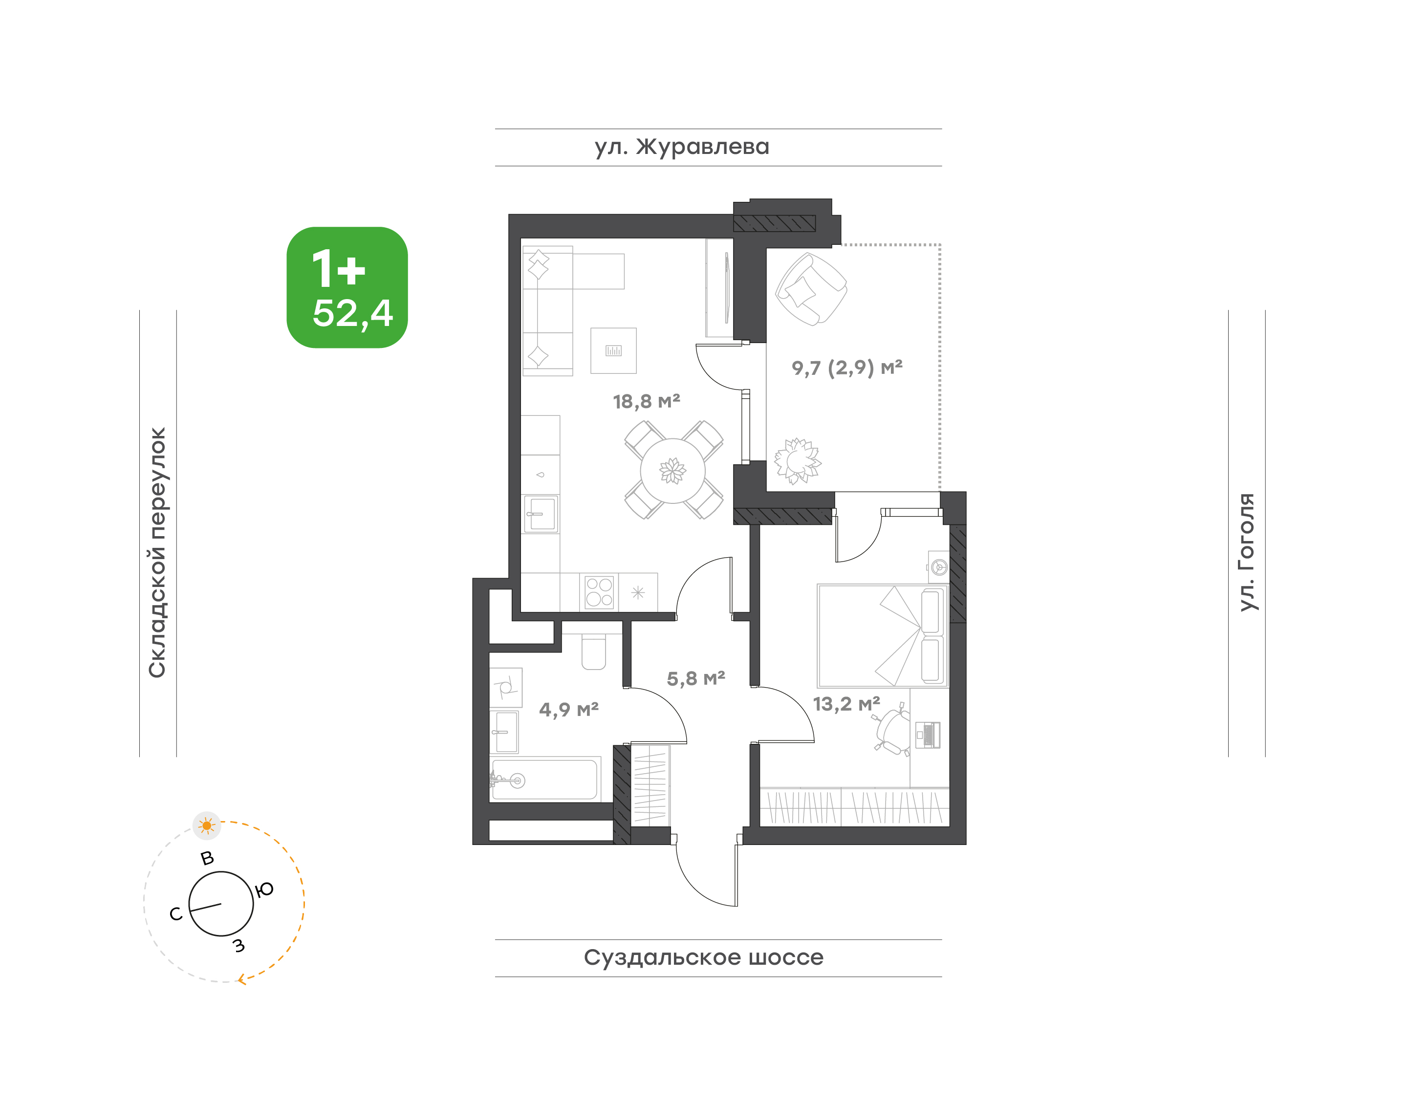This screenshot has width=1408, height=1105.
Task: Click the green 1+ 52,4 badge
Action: (x=347, y=287)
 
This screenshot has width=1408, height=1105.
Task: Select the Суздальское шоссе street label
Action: (x=703, y=957)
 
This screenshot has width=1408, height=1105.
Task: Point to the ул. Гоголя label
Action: (x=1246, y=552)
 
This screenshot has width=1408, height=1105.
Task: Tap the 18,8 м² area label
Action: (x=647, y=402)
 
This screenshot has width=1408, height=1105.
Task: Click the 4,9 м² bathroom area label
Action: (x=569, y=710)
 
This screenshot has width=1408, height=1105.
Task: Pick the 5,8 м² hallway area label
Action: (x=695, y=679)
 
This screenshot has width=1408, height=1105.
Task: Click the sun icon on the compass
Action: (x=206, y=825)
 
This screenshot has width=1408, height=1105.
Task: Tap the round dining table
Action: (x=673, y=470)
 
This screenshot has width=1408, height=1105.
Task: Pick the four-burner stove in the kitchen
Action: (x=599, y=592)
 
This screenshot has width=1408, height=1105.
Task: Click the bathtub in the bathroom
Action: (x=544, y=780)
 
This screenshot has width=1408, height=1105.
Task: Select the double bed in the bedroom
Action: (x=883, y=635)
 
